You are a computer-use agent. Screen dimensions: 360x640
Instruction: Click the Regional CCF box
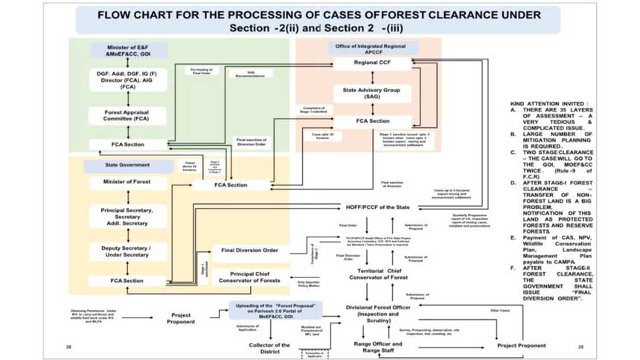click(371, 64)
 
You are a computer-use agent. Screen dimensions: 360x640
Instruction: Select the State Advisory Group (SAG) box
click(371, 92)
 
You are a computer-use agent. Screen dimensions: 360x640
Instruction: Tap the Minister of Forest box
click(127, 182)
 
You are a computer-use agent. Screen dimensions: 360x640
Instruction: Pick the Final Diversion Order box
click(249, 250)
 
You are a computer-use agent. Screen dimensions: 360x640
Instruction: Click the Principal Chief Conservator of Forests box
click(249, 277)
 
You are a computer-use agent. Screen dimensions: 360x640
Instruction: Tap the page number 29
click(580, 347)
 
